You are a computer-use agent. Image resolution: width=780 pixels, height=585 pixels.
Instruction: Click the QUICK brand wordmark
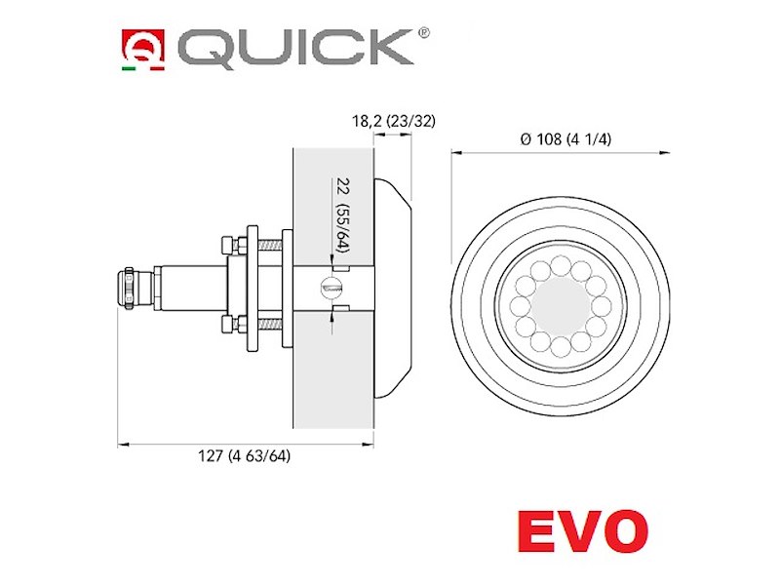pos(296,48)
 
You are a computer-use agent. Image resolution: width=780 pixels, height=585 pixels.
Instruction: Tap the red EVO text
pos(583,530)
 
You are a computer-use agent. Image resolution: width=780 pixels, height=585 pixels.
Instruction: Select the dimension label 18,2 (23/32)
pos(394,121)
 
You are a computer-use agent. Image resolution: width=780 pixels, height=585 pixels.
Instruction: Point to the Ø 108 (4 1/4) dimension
pos(565,139)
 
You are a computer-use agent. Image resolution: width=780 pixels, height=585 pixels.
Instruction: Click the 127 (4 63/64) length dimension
pos(245,455)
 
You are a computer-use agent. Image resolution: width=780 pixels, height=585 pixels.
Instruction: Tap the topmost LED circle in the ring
pos(561,264)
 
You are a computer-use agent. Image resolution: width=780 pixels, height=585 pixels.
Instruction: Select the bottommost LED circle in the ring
pos(561,346)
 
